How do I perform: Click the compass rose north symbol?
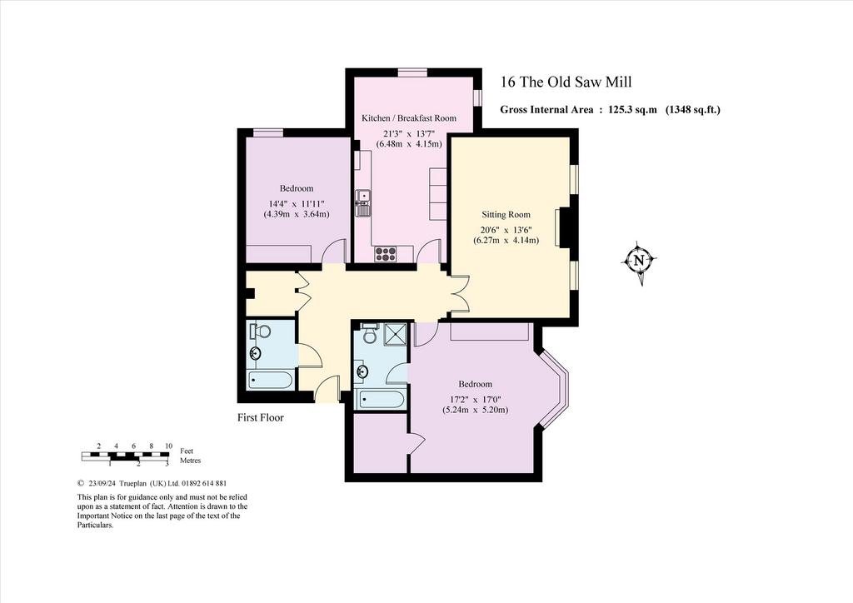click(639, 261)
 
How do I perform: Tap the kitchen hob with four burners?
click(385, 253)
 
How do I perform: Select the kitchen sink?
click(363, 202)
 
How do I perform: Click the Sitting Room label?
click(506, 214)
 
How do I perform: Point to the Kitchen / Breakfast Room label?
click(409, 118)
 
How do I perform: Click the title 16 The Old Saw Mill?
click(566, 82)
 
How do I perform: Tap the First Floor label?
click(261, 417)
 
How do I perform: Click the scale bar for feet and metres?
click(125, 456)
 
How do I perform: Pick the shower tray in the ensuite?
click(396, 334)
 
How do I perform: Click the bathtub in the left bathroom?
click(271, 380)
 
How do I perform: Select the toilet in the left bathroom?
click(261, 331)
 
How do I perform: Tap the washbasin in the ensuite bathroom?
click(362, 372)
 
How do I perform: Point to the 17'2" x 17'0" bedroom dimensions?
click(475, 405)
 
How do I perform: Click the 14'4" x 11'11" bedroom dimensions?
click(297, 209)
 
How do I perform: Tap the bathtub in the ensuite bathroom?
click(380, 400)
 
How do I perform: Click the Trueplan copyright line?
click(152, 483)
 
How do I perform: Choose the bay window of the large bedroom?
click(556, 390)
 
